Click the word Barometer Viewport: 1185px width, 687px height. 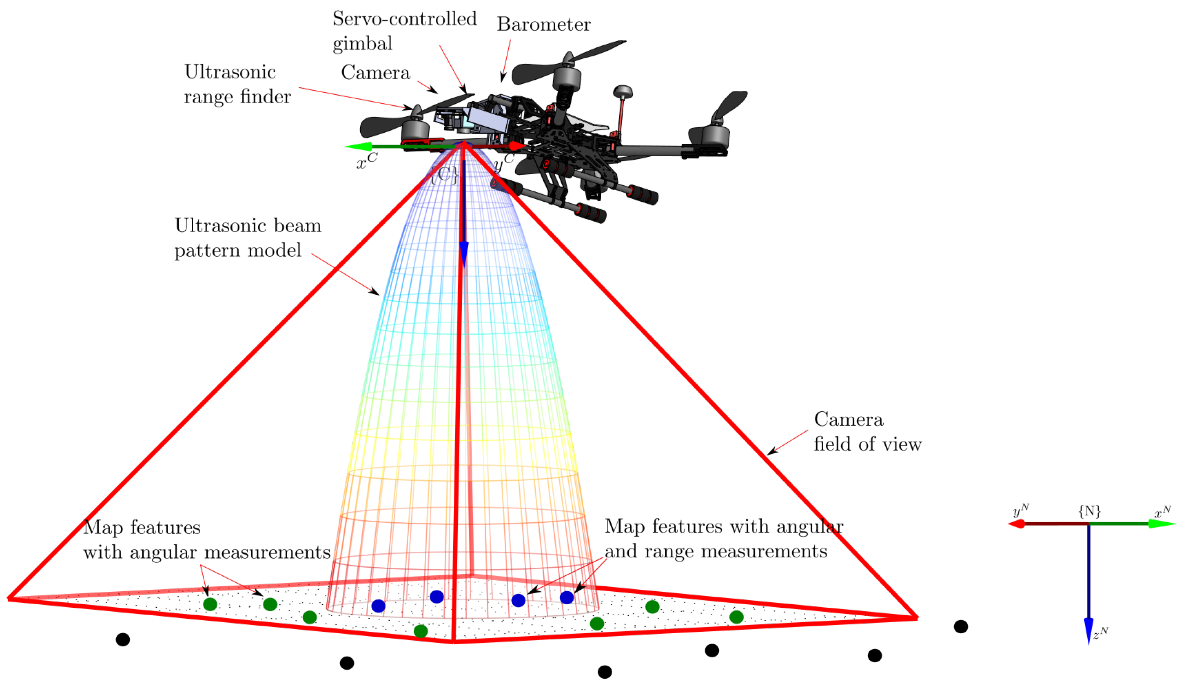(x=544, y=24)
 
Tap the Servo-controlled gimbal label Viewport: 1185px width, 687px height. (x=405, y=31)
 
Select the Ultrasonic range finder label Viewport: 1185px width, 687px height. (x=237, y=84)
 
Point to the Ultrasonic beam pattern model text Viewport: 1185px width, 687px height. (x=247, y=238)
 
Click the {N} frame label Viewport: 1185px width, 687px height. (x=1089, y=511)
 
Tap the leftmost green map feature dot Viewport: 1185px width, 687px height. (x=210, y=604)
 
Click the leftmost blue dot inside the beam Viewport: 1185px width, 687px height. (x=379, y=606)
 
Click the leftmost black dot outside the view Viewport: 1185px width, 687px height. (x=123, y=639)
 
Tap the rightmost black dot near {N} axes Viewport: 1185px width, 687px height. (x=961, y=627)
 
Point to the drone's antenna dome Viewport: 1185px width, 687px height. (x=623, y=91)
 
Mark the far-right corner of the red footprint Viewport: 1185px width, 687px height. (x=916, y=617)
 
